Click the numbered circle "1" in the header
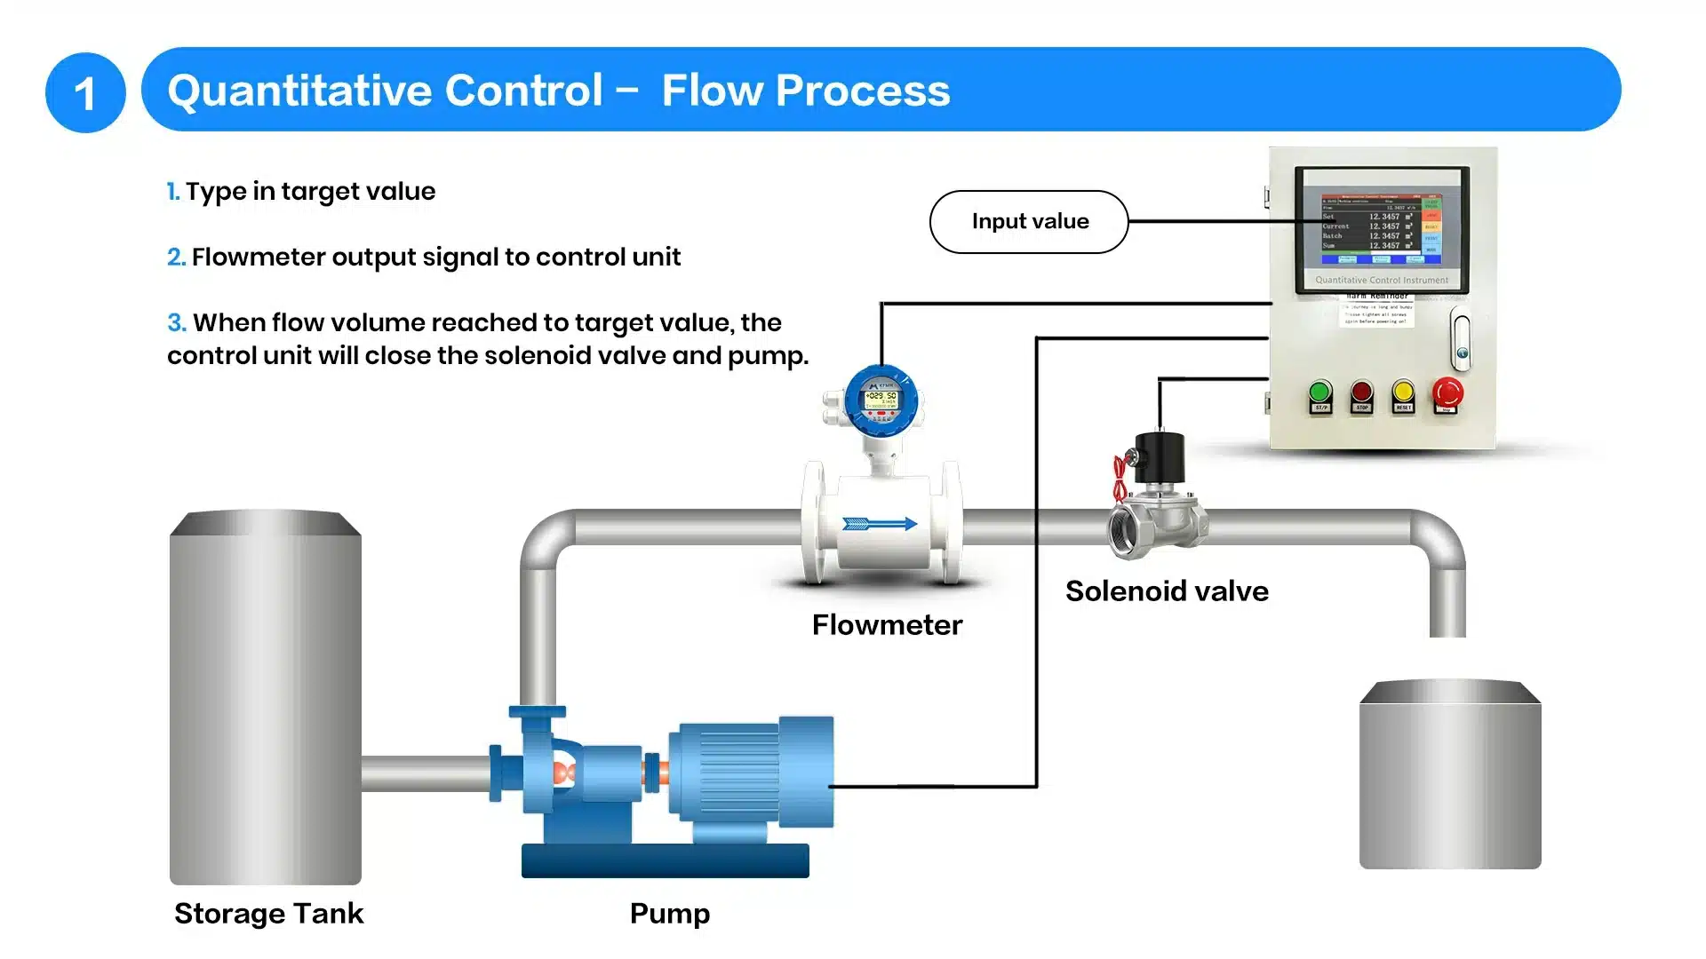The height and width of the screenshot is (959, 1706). pyautogui.click(x=85, y=92)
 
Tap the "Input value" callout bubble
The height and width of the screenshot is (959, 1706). pyautogui.click(x=1029, y=222)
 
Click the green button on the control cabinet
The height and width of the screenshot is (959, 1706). pyautogui.click(x=1320, y=392)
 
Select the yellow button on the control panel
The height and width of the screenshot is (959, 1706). pyautogui.click(x=1403, y=392)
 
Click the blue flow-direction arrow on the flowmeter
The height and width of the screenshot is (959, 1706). pyautogui.click(x=880, y=524)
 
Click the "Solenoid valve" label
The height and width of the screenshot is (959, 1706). pyautogui.click(x=1167, y=591)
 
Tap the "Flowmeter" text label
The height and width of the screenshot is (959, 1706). pyautogui.click(x=887, y=625)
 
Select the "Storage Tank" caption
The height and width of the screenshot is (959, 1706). pyautogui.click(x=268, y=914)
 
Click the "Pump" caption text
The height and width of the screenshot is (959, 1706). pyautogui.click(x=670, y=914)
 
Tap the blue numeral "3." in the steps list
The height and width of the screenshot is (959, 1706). pyautogui.click(x=177, y=322)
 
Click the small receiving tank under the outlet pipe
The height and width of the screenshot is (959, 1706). pyautogui.click(x=1450, y=774)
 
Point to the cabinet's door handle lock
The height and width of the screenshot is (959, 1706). pyautogui.click(x=1461, y=340)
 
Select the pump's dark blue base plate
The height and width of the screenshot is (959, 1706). pyautogui.click(x=665, y=860)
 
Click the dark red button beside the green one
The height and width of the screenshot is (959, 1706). pyautogui.click(x=1361, y=392)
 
